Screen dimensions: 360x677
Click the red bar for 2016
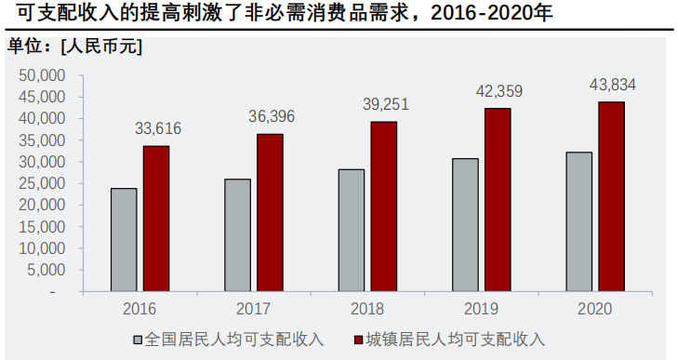coord(156,219)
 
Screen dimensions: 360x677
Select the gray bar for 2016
coord(124,240)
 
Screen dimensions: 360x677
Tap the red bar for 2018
coord(384,207)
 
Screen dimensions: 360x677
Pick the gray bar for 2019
coord(466,225)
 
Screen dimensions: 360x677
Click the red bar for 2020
coord(611,196)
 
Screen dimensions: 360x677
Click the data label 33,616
coord(156,129)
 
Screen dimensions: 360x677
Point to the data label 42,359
coord(498,92)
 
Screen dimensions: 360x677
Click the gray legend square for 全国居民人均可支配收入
coord(139,340)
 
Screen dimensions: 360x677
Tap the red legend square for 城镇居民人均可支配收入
coord(359,340)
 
